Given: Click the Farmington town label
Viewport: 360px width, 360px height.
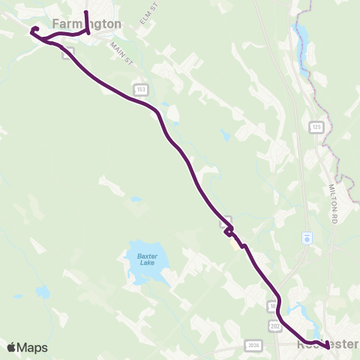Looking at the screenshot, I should (x=86, y=24).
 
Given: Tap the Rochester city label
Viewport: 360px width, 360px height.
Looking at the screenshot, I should (x=327, y=344).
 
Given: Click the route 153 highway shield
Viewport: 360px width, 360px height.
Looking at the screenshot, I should (x=140, y=89).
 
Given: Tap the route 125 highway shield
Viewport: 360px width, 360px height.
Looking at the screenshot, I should (x=316, y=127).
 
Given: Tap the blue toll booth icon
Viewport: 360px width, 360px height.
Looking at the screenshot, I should (x=306, y=238).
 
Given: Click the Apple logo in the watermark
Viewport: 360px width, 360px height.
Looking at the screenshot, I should (x=11, y=347).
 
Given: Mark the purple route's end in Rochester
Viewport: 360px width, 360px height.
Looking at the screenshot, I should (x=328, y=346).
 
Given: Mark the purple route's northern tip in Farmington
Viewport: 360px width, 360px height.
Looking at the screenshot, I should (x=85, y=13).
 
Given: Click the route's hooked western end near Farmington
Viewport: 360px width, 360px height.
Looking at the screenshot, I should (x=34, y=30).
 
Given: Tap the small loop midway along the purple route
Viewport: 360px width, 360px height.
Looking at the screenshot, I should (x=228, y=230).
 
